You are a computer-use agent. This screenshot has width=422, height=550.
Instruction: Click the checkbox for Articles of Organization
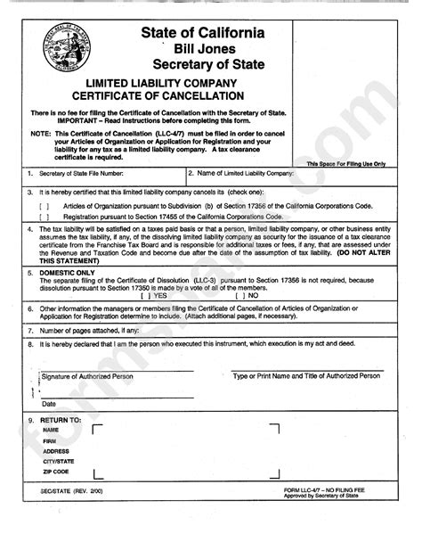43,204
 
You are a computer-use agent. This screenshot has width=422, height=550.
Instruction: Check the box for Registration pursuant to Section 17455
43,215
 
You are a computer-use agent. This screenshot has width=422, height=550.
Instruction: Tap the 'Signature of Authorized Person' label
86,376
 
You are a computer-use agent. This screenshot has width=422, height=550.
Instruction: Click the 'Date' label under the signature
50,403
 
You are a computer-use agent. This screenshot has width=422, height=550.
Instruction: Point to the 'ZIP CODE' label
57,471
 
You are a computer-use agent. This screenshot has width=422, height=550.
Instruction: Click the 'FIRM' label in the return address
50,440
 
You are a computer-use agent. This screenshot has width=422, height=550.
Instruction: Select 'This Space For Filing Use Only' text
345,164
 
